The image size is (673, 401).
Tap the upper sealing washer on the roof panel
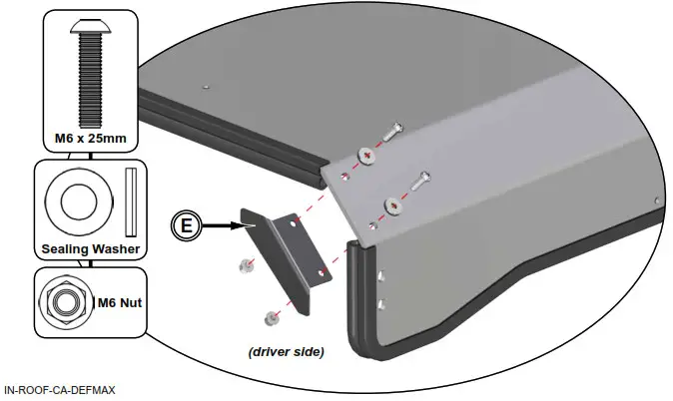(365, 155)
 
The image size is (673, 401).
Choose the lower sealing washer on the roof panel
(392, 204)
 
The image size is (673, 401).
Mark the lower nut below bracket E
(270, 318)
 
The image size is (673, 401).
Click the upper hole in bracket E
(294, 227)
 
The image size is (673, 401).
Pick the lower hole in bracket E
(321, 271)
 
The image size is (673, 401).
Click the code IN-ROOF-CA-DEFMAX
(59, 390)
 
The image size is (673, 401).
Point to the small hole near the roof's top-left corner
(205, 87)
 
